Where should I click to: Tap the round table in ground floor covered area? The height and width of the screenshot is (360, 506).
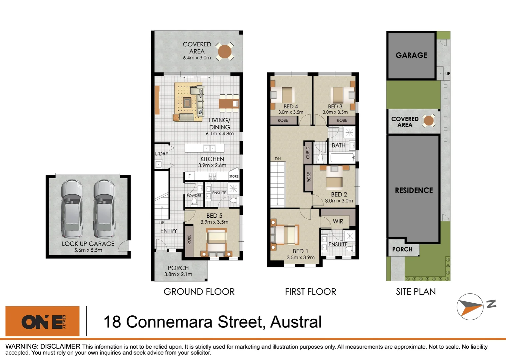point(225,52)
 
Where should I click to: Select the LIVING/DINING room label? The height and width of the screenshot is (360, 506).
point(220,124)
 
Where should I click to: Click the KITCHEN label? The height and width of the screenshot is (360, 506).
point(212,159)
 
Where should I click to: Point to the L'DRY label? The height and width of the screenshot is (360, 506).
point(162,154)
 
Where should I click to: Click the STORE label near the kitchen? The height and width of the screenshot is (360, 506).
point(234,176)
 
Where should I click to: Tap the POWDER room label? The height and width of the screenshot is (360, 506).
point(194,196)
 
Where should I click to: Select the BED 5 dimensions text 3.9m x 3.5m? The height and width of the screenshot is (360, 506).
point(214,222)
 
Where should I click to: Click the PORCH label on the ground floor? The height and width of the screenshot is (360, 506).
point(178,268)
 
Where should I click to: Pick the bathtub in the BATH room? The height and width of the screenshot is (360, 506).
point(342,158)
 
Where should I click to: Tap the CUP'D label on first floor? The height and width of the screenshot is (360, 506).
point(308,153)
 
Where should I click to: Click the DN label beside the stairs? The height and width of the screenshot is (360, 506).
point(278,159)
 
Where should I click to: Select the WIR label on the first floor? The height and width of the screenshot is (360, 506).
point(338,221)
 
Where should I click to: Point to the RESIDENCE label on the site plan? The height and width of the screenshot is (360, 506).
point(414,190)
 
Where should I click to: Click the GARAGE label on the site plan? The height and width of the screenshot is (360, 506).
point(411,55)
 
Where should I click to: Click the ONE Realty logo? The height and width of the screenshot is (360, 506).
point(43,321)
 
